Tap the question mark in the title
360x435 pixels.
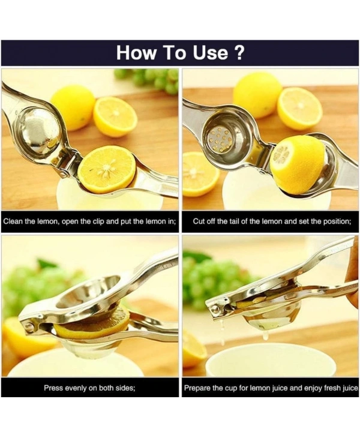(x=238, y=52)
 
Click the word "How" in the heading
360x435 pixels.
(x=136, y=52)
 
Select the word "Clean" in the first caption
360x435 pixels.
(x=14, y=221)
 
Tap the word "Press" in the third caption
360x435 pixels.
(x=54, y=388)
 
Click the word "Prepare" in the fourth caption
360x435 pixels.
(x=198, y=388)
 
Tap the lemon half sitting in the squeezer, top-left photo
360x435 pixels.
(x=106, y=169)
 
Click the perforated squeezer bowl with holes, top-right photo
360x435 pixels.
(x=221, y=139)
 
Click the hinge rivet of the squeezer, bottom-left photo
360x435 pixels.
(x=26, y=327)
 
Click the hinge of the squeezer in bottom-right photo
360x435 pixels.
(x=214, y=308)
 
